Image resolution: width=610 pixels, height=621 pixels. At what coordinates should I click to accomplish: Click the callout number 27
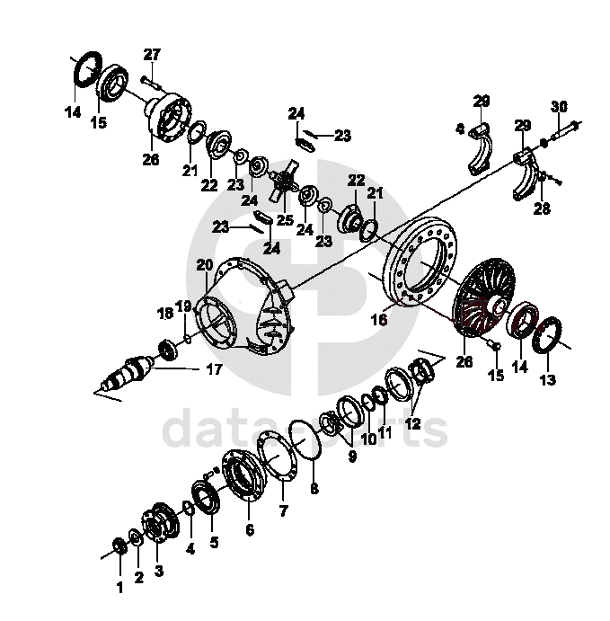point(152,54)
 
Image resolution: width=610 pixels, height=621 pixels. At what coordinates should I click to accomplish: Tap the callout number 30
point(559,106)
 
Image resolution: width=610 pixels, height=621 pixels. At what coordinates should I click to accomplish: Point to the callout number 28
point(541,209)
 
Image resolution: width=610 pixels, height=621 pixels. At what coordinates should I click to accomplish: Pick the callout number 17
point(215,368)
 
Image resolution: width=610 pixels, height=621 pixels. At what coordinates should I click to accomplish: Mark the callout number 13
point(548,379)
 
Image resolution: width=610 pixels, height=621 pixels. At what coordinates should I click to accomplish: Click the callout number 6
point(249,530)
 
